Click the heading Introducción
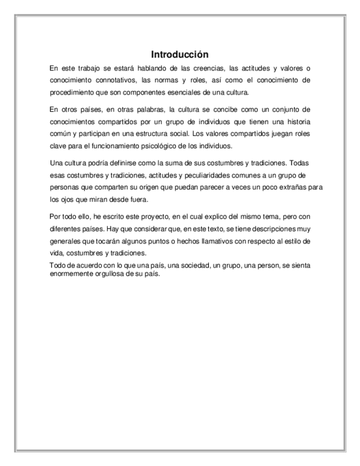click(x=180, y=55)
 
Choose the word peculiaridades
click(x=208, y=175)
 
